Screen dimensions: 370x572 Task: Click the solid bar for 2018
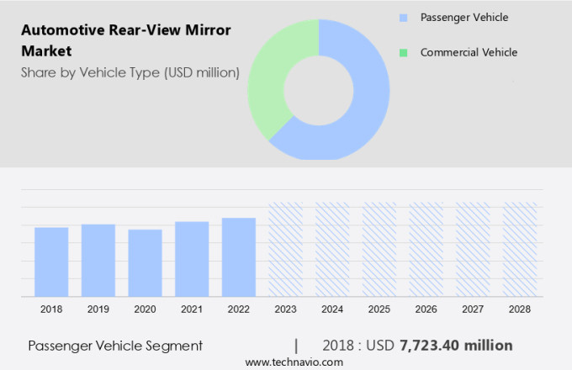51,262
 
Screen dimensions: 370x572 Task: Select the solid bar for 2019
98,260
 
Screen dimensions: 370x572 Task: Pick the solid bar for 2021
192,259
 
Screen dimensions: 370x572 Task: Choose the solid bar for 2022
239,256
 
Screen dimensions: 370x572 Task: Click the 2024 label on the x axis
332,309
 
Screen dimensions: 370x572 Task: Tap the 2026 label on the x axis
426,309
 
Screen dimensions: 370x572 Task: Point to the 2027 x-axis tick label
473,309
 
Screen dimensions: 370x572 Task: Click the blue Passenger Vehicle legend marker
405,18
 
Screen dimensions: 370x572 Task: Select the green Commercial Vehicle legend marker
405,53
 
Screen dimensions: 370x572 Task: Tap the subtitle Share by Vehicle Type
130,73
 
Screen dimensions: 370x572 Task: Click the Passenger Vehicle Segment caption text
115,346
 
